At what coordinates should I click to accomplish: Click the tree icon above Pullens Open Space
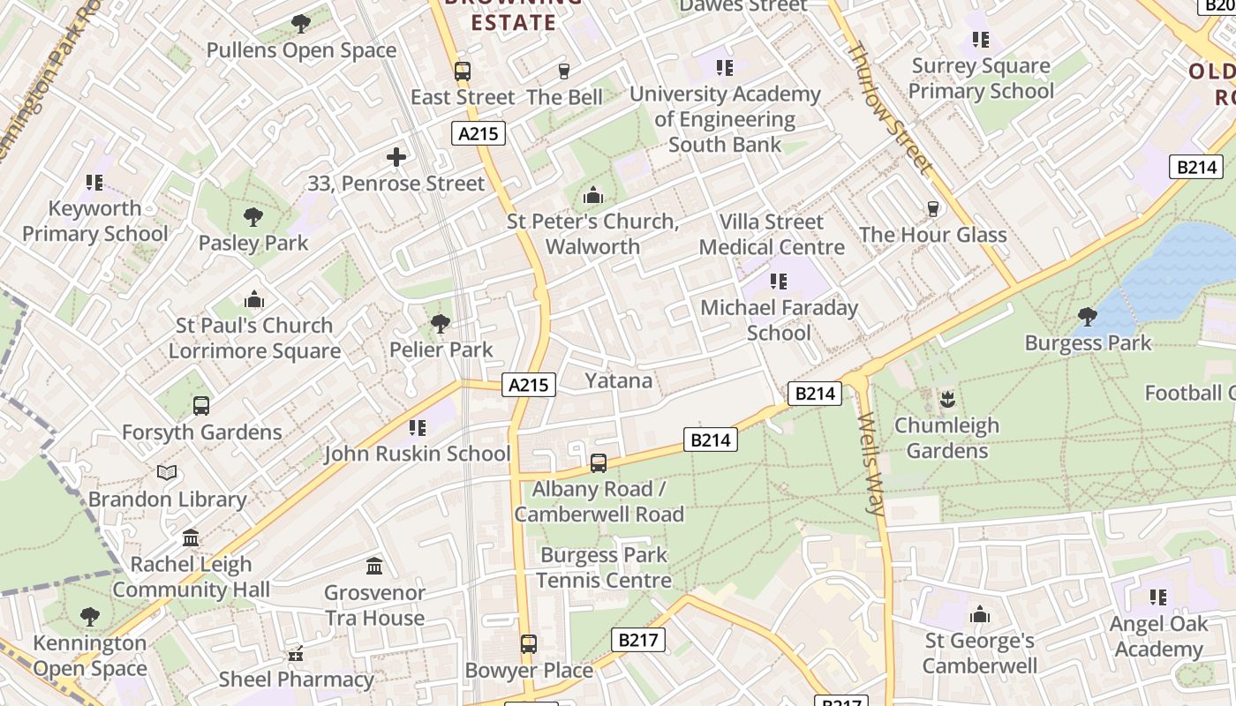point(300,23)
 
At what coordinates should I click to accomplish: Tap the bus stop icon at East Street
point(463,71)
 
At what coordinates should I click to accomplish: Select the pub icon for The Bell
point(564,71)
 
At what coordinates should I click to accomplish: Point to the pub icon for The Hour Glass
point(932,209)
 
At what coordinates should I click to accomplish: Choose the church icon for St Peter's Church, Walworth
point(593,195)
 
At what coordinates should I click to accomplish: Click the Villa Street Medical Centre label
point(772,234)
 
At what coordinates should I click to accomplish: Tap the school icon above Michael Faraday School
point(778,282)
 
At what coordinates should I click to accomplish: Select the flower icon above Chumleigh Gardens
point(947,399)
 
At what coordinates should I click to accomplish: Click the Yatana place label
point(619,380)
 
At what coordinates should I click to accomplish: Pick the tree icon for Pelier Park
point(440,324)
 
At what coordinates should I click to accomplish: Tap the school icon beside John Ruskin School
point(418,428)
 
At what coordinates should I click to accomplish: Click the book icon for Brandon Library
point(167,473)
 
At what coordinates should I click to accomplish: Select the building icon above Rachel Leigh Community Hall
point(191,537)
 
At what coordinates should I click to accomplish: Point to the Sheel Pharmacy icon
point(296,654)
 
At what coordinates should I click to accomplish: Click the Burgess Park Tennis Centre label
point(604,567)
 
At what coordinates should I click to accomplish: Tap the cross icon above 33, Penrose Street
point(396,158)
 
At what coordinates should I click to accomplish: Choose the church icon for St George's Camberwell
point(980,615)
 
